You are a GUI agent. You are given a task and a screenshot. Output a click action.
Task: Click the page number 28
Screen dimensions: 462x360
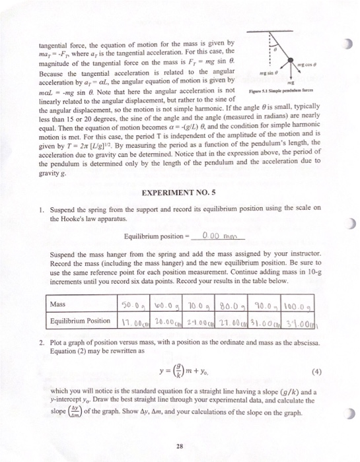179,430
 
